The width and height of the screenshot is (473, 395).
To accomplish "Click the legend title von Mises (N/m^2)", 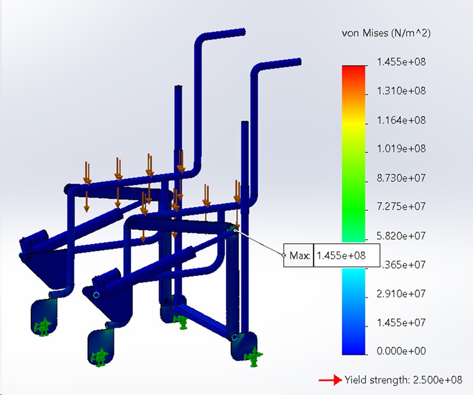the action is tap(386, 33).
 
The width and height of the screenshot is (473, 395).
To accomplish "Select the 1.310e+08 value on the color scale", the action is tap(401, 90).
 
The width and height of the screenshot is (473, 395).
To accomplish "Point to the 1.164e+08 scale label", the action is tap(401, 120).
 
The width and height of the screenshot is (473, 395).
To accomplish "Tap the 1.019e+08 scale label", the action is tap(401, 148).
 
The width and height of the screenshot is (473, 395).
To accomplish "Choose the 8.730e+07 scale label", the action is tap(401, 178).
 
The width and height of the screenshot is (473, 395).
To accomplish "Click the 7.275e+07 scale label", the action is tap(401, 206).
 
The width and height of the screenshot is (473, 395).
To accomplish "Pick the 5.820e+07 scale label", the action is tap(401, 235).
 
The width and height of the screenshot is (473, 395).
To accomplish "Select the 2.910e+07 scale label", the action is tap(401, 293).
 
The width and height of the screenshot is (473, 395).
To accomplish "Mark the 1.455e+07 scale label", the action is tap(401, 322).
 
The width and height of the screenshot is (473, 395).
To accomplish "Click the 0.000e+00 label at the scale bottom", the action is tap(401, 351).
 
